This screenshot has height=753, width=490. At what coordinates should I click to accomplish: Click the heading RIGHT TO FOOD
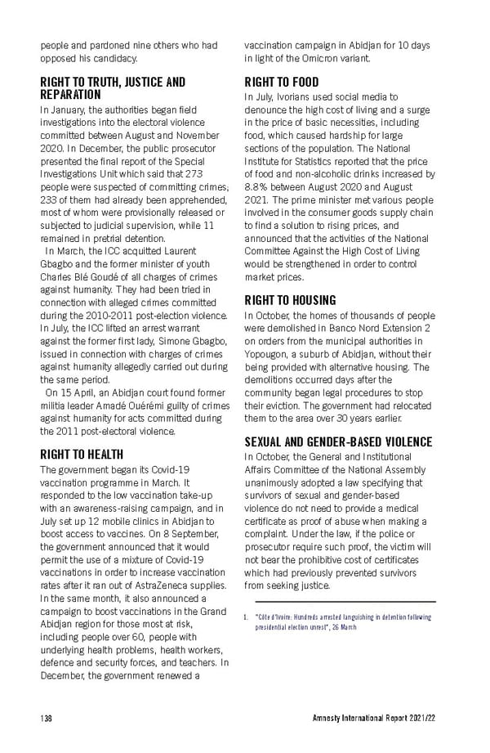point(281,82)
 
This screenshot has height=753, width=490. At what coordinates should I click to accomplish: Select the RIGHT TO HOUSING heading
point(290,300)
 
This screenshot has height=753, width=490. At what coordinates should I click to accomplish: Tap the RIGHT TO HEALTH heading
point(82,454)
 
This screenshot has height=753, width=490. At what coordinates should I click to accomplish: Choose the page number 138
point(47,718)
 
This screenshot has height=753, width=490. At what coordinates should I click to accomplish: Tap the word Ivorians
point(290,97)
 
